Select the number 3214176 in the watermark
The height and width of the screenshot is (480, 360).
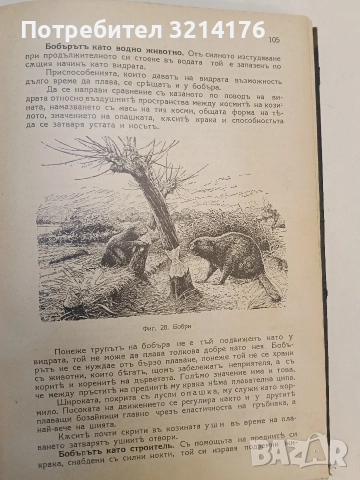click(232, 17)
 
